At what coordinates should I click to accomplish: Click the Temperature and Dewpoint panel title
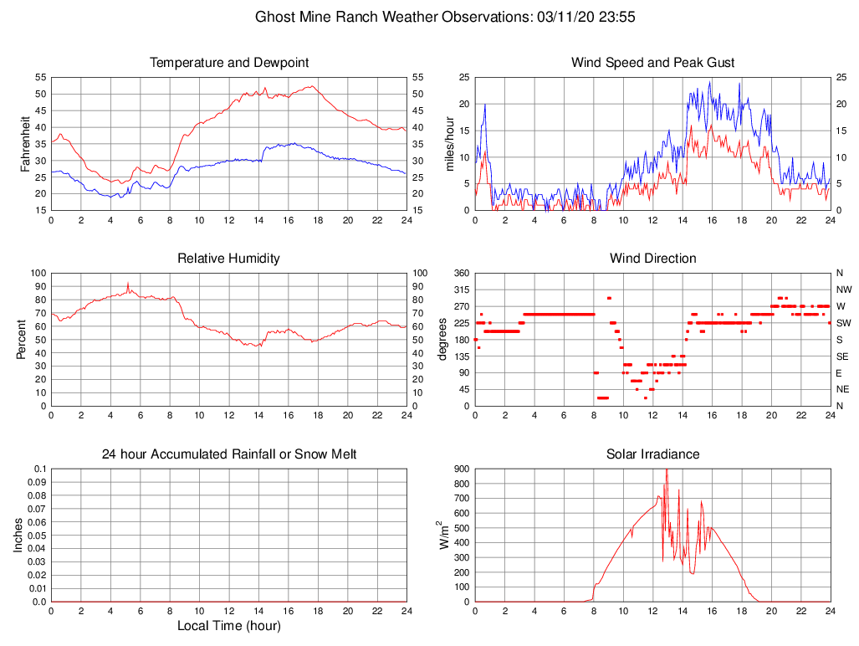coord(229,63)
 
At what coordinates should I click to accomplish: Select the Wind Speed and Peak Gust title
coord(652,63)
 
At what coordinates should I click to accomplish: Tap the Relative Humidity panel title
coord(229,259)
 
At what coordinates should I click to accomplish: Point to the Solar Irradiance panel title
coord(652,454)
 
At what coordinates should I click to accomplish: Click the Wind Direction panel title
coord(652,259)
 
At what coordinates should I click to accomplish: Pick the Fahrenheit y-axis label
coord(26,143)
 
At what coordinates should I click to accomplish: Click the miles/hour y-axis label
coord(451,143)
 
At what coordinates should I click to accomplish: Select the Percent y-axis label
coord(22,339)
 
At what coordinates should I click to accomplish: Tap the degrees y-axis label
coord(442,339)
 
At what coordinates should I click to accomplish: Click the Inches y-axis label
coord(18,535)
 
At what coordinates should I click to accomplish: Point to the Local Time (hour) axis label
coord(229,626)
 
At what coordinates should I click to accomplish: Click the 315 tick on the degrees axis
coord(460,290)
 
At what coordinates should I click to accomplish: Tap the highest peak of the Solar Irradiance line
coord(667,469)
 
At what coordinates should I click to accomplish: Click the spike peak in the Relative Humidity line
coord(128,283)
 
